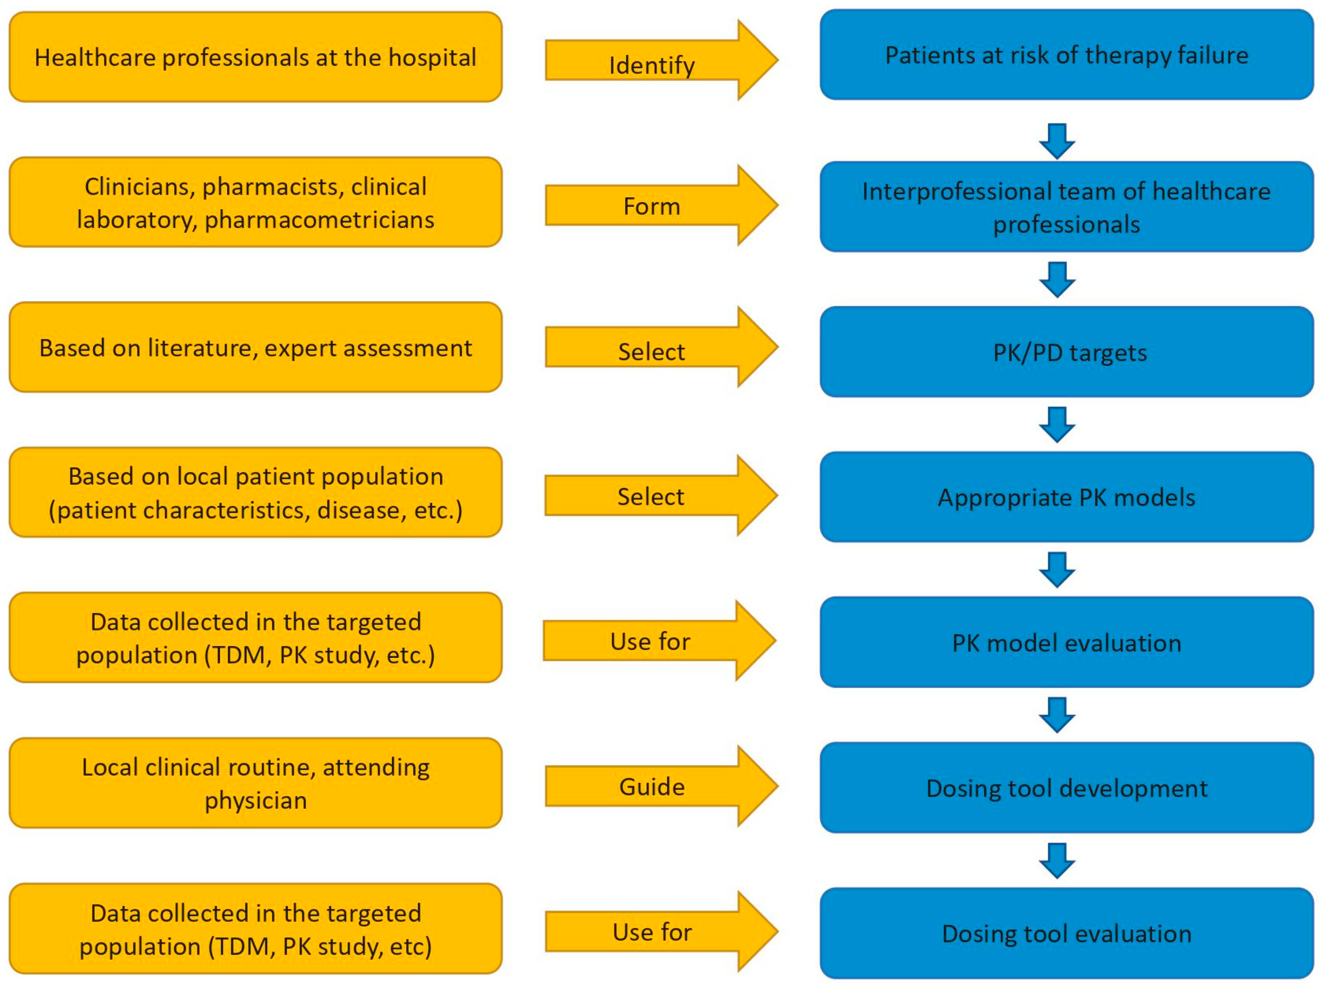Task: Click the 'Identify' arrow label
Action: click(x=652, y=65)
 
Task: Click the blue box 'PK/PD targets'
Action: click(x=1067, y=352)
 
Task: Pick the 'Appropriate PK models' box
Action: click(x=1067, y=497)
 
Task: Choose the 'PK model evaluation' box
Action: click(x=1067, y=642)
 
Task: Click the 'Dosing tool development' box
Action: click(x=1067, y=787)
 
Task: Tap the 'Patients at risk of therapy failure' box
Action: click(x=1067, y=54)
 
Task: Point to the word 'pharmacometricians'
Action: click(x=319, y=220)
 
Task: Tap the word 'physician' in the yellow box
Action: click(x=256, y=800)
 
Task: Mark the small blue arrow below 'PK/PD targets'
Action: click(x=1057, y=424)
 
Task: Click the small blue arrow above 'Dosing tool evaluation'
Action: click(x=1057, y=860)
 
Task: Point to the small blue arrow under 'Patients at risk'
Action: click(x=1057, y=141)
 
